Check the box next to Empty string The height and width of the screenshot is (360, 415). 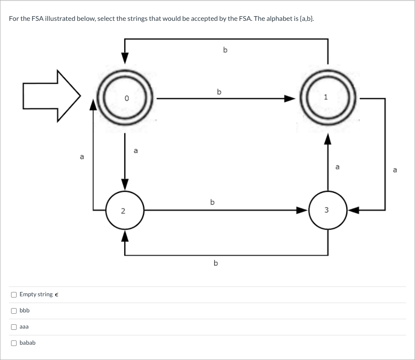14,295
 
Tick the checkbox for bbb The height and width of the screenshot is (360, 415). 14,311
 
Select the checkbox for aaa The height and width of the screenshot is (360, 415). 14,327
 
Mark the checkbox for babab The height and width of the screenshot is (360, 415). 14,343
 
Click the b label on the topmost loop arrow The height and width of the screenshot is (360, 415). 225,50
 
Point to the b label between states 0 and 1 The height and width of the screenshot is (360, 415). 219,91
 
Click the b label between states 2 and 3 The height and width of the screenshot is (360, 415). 212,202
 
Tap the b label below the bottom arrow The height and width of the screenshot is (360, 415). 216,263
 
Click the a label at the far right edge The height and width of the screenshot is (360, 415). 395,170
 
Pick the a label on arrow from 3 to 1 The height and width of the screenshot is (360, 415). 337,167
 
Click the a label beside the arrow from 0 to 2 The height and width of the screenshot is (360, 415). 136,150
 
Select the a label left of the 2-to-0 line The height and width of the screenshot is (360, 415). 82,157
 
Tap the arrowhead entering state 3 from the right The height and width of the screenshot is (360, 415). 354,210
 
